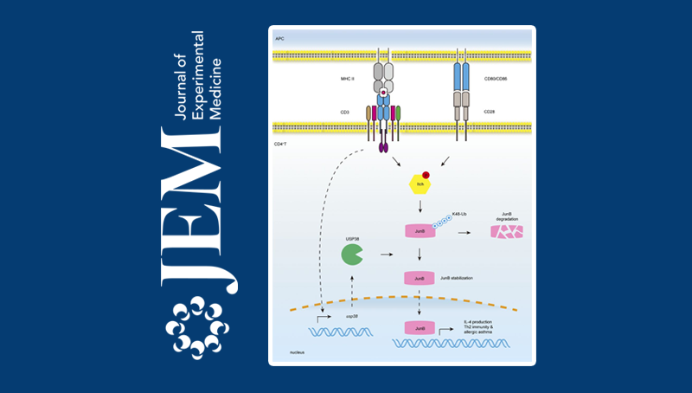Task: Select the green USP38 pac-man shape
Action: (x=351, y=254)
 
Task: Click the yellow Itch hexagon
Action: (x=419, y=184)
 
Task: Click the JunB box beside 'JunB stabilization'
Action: (x=420, y=279)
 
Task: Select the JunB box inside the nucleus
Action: (x=420, y=328)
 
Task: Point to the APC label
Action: (x=279, y=38)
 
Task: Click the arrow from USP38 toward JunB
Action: (x=388, y=254)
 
